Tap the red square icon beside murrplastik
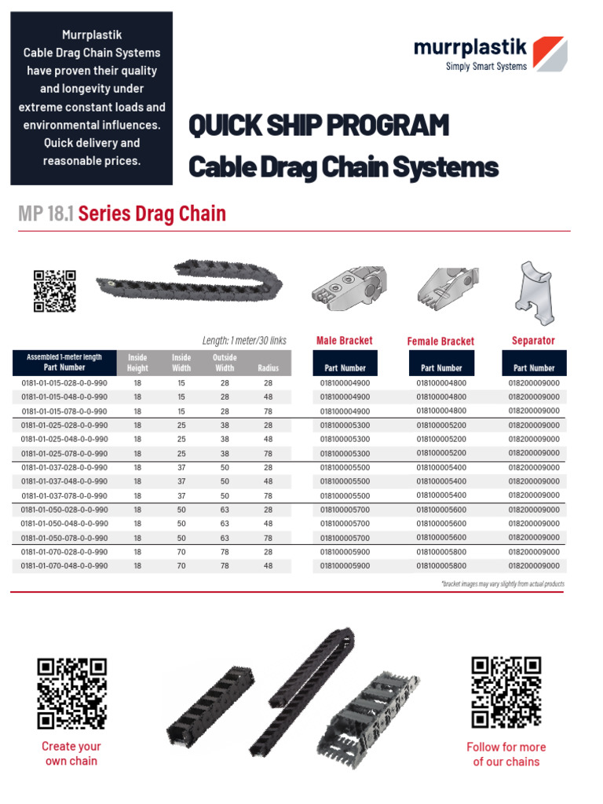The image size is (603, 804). [550, 53]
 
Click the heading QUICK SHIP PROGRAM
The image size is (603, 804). [319, 126]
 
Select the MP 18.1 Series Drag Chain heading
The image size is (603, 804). [122, 214]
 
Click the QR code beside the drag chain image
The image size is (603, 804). [54, 291]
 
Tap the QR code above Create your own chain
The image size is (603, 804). [71, 693]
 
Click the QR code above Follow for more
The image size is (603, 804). [506, 692]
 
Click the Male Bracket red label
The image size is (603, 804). [344, 341]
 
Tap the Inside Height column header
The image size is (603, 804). [137, 362]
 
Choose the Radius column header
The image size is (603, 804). [268, 367]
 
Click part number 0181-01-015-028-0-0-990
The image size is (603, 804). [64, 383]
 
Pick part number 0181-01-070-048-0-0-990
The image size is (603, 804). [64, 565]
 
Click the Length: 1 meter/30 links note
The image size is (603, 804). [244, 341]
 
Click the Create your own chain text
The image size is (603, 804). [71, 754]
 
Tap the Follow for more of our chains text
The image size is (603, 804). [506, 755]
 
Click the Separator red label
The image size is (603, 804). [533, 341]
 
